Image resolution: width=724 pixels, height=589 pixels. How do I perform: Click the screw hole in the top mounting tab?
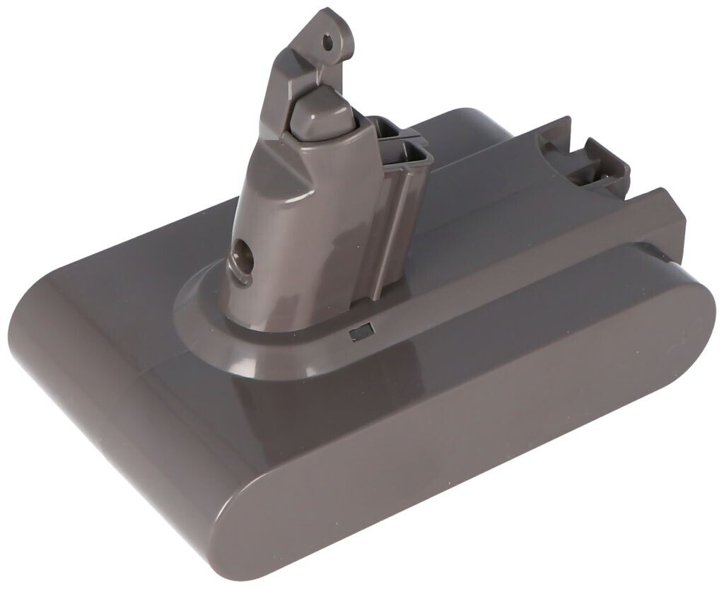[327, 42]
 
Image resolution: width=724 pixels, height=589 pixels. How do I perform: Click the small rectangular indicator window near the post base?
[360, 332]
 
